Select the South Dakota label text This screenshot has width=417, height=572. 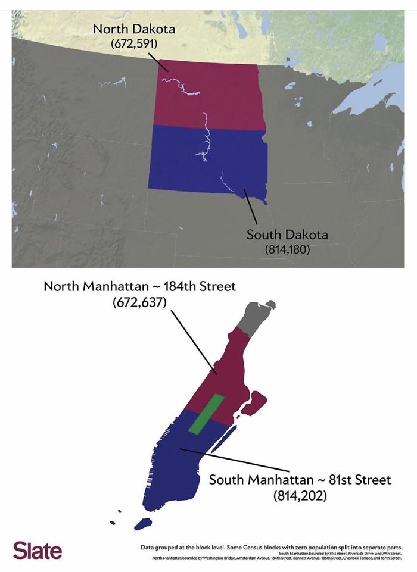click(287, 235)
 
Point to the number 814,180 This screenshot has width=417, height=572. click(287, 249)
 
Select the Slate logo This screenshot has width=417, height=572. click(37, 550)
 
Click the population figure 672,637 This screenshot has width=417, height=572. click(139, 303)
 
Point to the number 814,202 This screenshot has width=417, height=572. click(300, 495)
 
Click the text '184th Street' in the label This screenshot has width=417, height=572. click(199, 286)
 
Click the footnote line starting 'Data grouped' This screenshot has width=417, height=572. click(271, 546)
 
